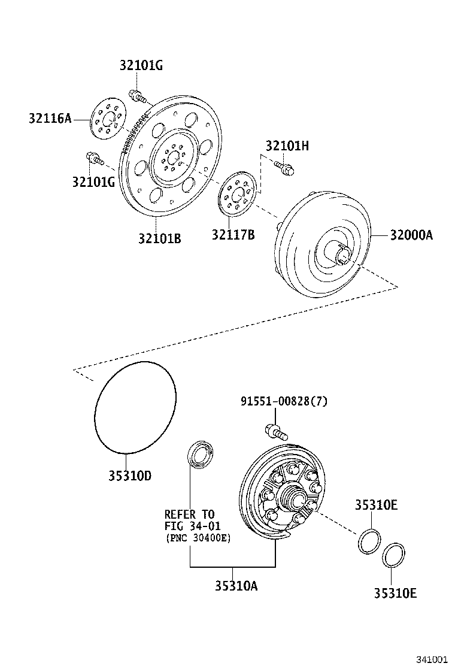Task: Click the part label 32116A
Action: pyautogui.click(x=50, y=119)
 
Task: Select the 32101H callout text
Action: pyautogui.click(x=287, y=146)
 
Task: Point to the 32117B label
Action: pyautogui.click(x=233, y=234)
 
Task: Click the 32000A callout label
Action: pyautogui.click(x=411, y=235)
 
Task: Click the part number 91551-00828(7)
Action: pyautogui.click(x=284, y=402)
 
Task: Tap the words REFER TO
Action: pyautogui.click(x=189, y=514)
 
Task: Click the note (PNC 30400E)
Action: pyautogui.click(x=198, y=538)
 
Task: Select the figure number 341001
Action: pyautogui.click(x=432, y=659)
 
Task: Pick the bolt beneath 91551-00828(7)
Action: pyautogui.click(x=275, y=430)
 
